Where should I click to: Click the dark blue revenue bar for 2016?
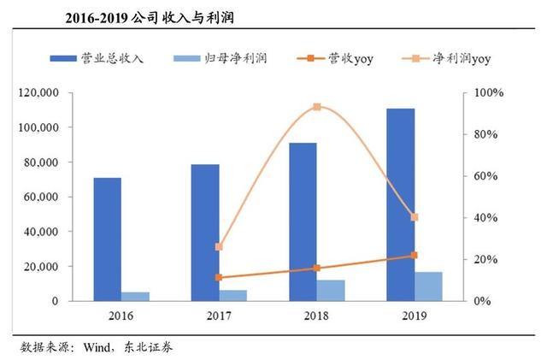108,239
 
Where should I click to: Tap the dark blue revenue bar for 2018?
303,222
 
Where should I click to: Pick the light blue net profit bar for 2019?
429,286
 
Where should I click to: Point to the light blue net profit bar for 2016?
136,297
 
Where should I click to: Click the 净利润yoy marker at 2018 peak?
316,107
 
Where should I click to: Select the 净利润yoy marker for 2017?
219,247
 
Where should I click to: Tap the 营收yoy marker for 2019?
415,256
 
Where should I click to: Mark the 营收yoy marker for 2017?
219,278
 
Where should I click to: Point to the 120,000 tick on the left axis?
60,92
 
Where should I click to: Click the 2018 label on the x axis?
316,316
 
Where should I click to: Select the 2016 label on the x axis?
121,316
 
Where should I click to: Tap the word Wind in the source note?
96,348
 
